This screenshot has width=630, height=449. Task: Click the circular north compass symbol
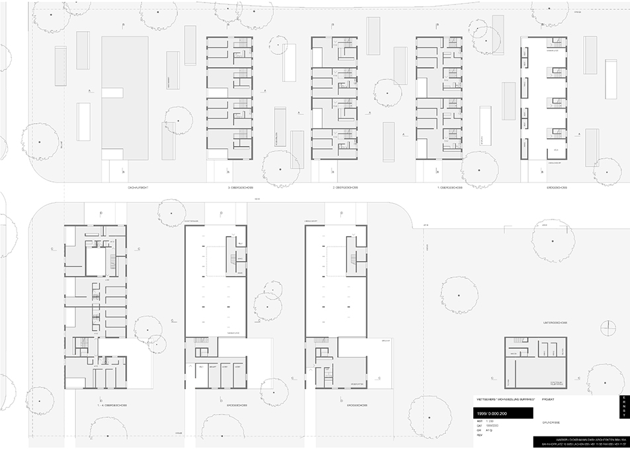point(607,326)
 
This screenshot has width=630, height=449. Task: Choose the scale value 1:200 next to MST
point(490,421)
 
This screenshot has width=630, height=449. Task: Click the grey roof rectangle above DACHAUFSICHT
point(124,97)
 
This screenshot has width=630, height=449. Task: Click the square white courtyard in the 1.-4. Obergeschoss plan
point(97,261)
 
